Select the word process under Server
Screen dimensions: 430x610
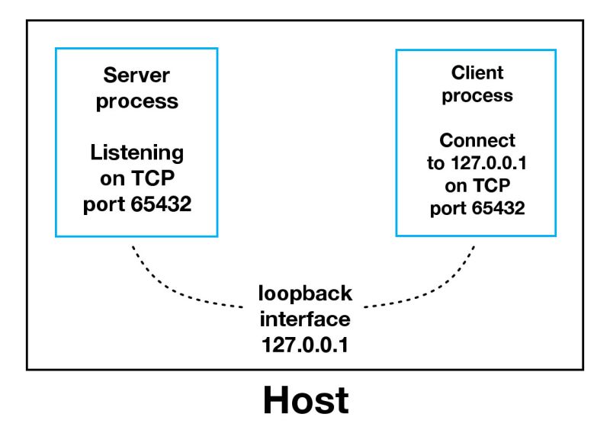[x=137, y=101]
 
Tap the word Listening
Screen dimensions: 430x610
[x=137, y=152]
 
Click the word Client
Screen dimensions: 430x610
[x=477, y=73]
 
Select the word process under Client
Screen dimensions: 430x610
[x=477, y=96]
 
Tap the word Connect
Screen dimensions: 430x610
[x=477, y=141]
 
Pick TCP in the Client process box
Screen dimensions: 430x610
[x=491, y=187]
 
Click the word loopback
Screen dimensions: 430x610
[x=305, y=293]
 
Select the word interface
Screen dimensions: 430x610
[x=305, y=318]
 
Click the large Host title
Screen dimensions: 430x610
[x=305, y=400]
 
